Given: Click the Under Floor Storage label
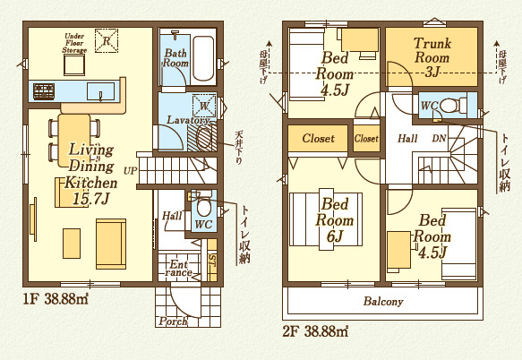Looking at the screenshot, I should point(75,44).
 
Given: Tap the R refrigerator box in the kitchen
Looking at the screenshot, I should point(107,41).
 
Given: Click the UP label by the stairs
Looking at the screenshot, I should point(131,169).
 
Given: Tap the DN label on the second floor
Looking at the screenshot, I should point(440,139).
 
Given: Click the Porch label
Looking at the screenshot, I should point(173,321).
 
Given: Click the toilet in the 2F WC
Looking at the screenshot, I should point(458,105).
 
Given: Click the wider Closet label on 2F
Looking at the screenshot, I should point(318,139).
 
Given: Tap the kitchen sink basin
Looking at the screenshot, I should point(101,91).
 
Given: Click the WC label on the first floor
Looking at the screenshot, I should point(202,223).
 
